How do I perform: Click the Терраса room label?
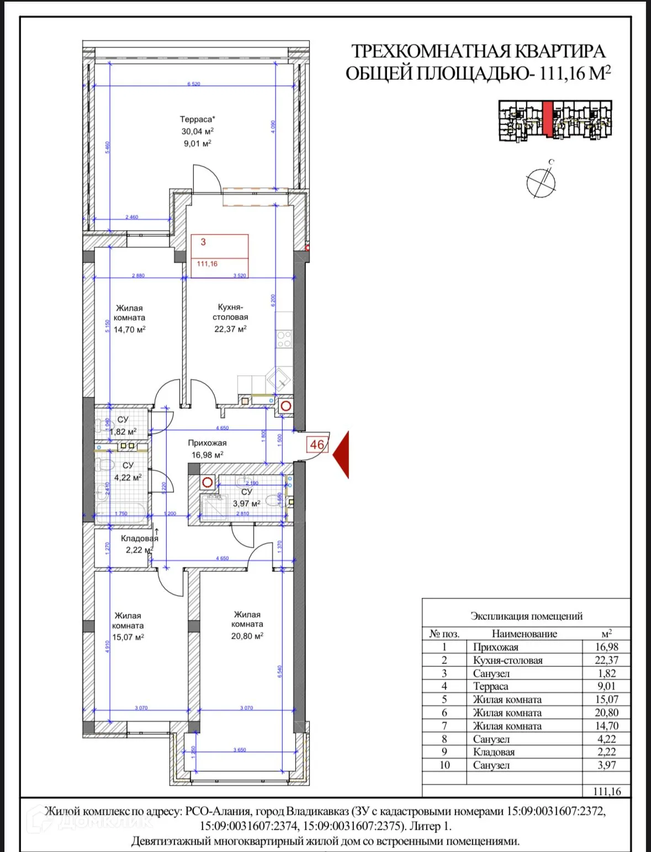click(x=197, y=119)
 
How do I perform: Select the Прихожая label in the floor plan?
click(x=207, y=443)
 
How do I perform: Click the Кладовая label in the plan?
click(x=139, y=538)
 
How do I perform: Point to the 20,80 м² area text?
click(x=247, y=636)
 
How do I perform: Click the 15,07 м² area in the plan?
click(x=128, y=637)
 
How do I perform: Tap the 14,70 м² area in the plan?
click(x=130, y=330)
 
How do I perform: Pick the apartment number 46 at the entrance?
click(x=317, y=444)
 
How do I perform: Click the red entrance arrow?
click(x=341, y=447)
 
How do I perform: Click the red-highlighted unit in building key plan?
click(x=547, y=119)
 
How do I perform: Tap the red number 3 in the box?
click(x=203, y=242)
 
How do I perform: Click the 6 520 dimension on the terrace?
click(x=193, y=84)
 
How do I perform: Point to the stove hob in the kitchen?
click(x=284, y=339)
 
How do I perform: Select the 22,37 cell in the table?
click(x=606, y=660)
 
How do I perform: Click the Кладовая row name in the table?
click(x=494, y=752)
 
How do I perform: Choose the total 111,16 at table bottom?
click(x=607, y=791)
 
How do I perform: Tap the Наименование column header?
click(x=524, y=634)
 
